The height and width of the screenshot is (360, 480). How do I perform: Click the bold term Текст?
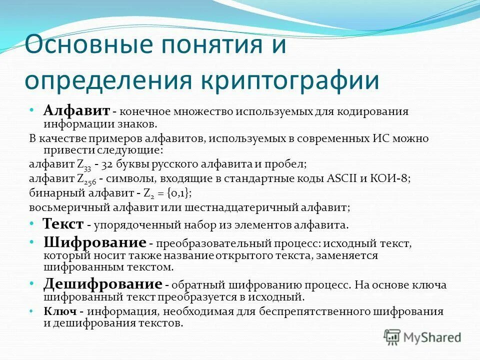click(62, 223)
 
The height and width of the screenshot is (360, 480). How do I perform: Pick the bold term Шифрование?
click(94, 242)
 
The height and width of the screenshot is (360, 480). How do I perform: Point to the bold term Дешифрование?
click(102, 284)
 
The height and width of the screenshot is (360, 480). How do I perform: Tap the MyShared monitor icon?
click(392, 336)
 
